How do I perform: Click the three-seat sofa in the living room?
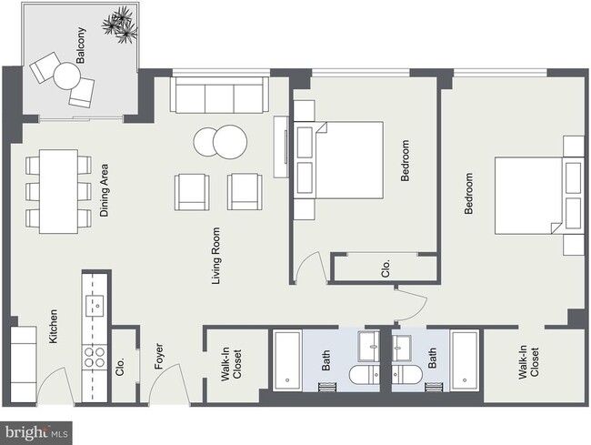(219, 96)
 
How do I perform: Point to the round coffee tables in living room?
(219, 142)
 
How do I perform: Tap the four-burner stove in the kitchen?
(95, 357)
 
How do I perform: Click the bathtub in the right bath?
(465, 359)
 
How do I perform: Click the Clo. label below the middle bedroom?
(386, 267)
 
